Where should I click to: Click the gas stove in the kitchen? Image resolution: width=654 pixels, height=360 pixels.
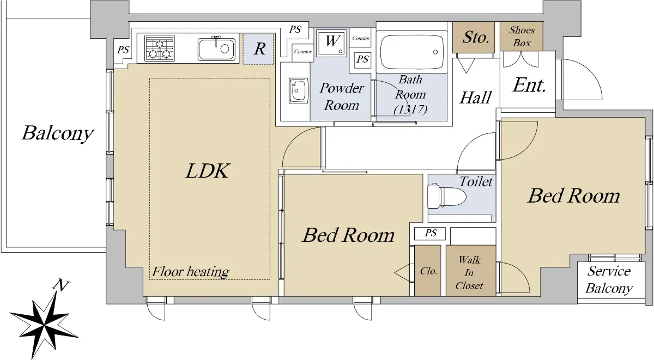(159, 48)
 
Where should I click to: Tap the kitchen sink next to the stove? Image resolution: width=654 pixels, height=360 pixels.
(217, 49)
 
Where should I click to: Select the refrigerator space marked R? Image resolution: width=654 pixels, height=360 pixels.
(258, 49)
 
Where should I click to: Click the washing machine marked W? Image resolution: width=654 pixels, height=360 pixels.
(332, 42)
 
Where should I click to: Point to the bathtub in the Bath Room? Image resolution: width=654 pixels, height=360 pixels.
(411, 52)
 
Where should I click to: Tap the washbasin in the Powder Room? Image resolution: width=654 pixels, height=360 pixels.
(299, 90)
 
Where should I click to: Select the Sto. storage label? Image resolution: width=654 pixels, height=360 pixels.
(476, 38)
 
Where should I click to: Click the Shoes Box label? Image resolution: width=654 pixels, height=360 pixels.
(522, 36)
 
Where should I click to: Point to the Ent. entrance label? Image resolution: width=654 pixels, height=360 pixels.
(529, 85)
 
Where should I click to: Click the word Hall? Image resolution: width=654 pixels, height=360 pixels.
(476, 97)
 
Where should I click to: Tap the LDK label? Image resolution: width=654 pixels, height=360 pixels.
(208, 170)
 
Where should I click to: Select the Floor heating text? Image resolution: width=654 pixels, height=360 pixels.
(190, 272)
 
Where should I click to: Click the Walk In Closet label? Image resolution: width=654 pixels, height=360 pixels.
(469, 272)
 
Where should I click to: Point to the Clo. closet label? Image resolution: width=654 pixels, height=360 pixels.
(428, 271)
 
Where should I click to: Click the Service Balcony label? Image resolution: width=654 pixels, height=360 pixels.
(609, 279)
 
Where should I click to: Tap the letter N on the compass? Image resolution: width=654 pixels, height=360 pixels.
(61, 285)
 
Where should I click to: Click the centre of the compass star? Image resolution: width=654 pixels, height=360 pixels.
(44, 325)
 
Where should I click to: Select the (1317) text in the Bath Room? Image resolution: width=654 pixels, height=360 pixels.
(410, 109)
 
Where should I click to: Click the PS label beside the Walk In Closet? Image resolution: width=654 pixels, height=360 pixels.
(431, 233)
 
